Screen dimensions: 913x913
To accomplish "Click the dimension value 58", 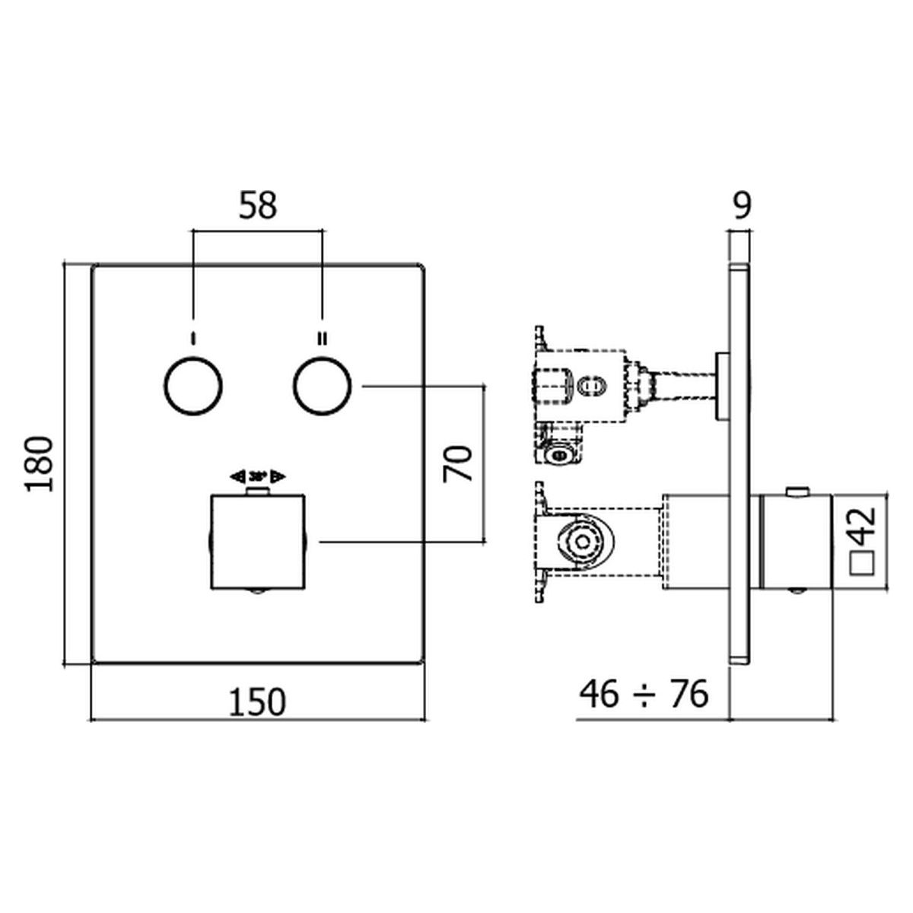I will click(258, 207).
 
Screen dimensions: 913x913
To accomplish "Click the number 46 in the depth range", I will click(599, 695).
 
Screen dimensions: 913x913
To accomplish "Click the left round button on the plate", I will click(193, 387).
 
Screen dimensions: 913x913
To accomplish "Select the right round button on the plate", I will click(323, 387).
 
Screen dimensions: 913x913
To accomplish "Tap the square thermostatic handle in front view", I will click(257, 542).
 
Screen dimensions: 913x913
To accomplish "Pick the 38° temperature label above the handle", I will click(257, 476).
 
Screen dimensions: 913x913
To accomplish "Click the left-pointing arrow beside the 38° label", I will click(237, 476).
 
